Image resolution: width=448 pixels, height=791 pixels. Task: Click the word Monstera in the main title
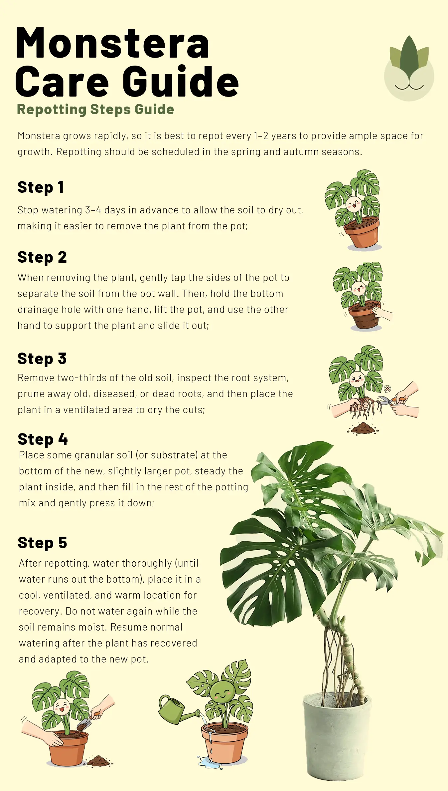(x=112, y=43)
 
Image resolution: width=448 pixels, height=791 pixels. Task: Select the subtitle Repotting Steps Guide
(x=95, y=109)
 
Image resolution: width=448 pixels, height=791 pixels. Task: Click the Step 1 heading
(x=41, y=187)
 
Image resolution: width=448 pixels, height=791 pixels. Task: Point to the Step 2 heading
(x=42, y=257)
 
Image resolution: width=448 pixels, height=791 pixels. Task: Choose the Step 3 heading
(x=42, y=359)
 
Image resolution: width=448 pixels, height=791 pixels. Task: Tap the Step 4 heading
(x=43, y=439)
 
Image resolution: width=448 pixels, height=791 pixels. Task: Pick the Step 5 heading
(x=43, y=543)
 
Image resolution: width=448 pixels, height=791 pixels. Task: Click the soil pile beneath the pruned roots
(x=363, y=428)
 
